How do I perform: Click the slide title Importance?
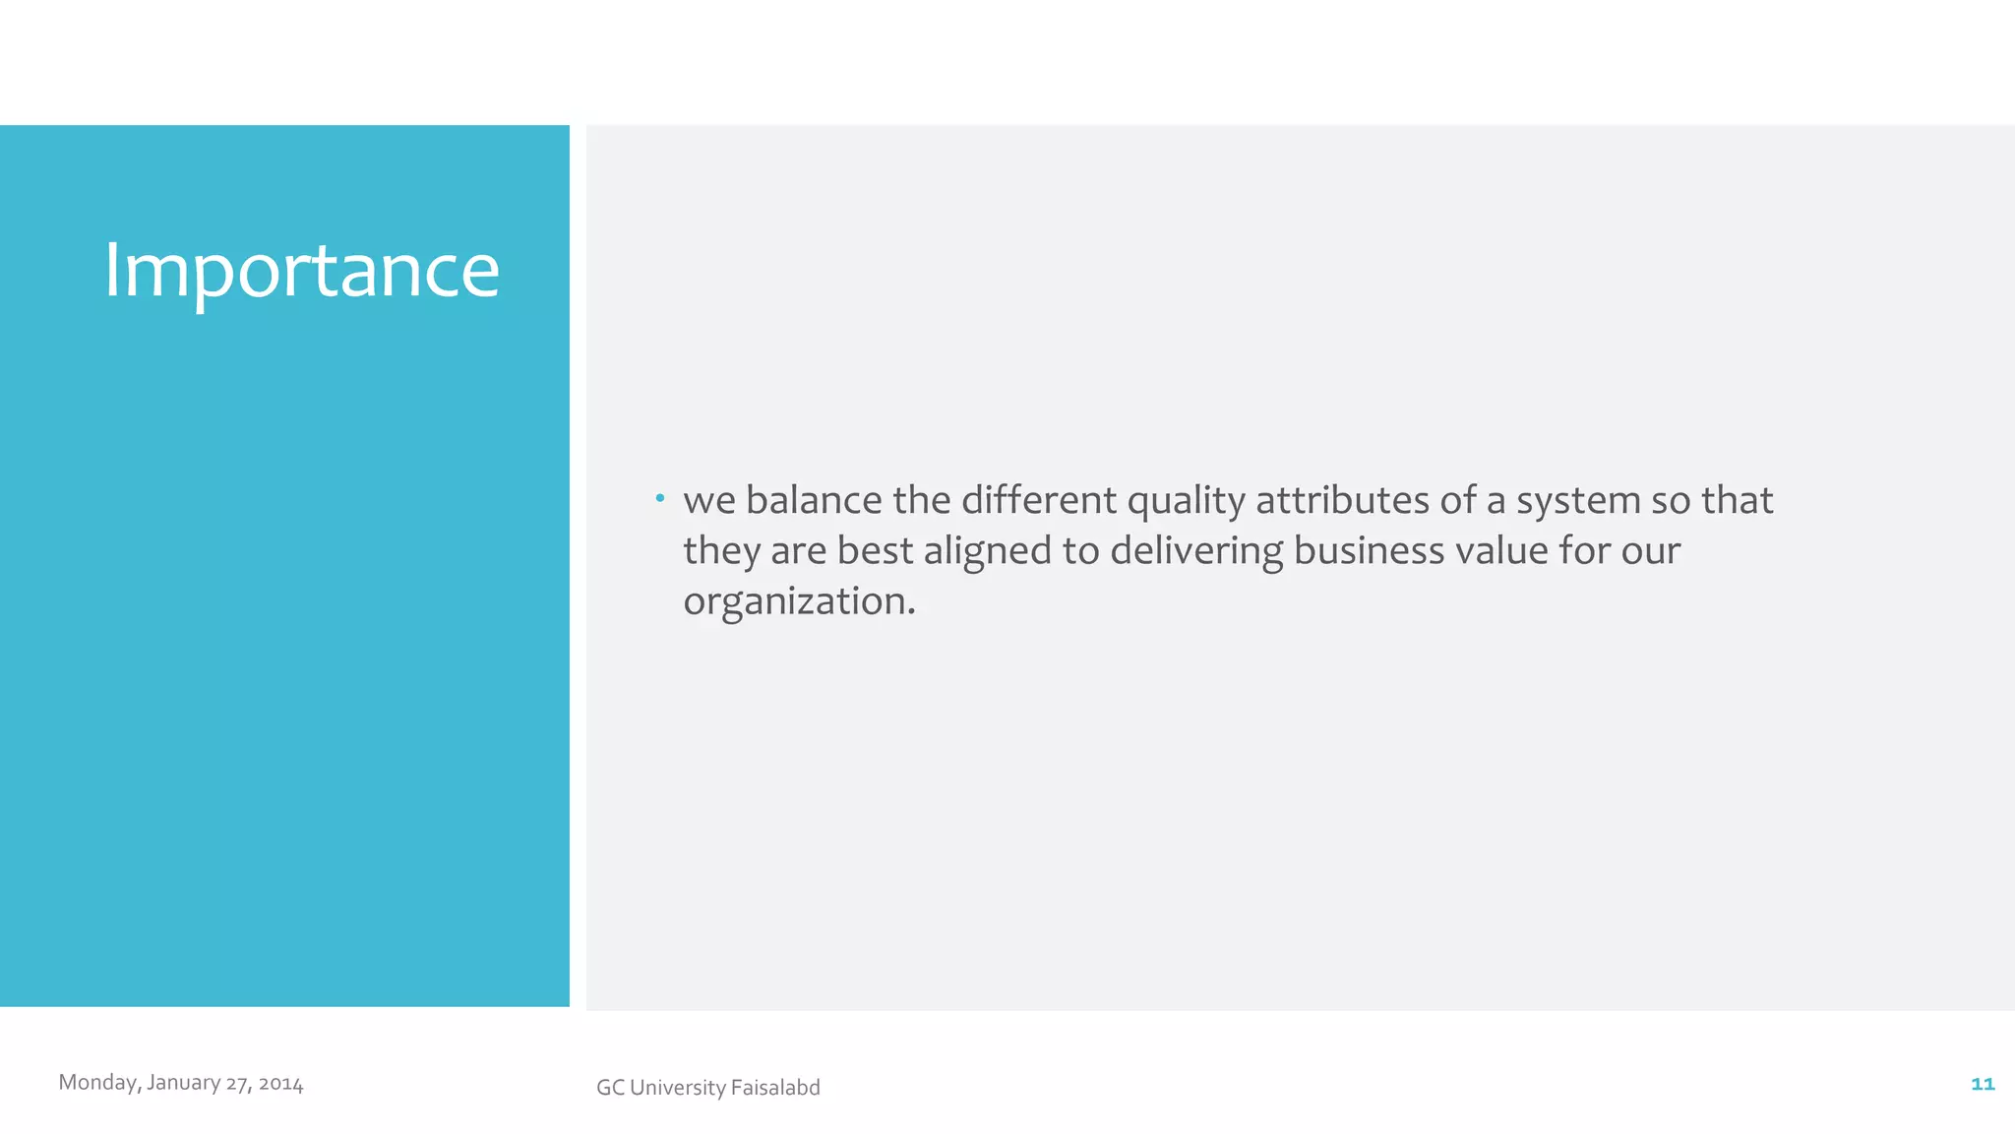(x=301, y=270)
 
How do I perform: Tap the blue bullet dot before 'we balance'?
(x=660, y=498)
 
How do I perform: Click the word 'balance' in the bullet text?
(x=814, y=500)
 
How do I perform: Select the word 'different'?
(x=1038, y=500)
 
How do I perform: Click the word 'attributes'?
(x=1342, y=500)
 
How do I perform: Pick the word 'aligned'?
(x=987, y=551)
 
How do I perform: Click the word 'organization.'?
(x=799, y=601)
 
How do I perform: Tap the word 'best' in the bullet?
(x=875, y=550)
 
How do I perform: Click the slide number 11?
(x=1983, y=1084)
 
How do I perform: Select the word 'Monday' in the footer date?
(x=98, y=1083)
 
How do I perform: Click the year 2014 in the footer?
(x=281, y=1084)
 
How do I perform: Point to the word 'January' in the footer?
(x=184, y=1083)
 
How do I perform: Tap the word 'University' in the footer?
(x=678, y=1088)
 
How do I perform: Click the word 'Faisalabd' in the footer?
(x=775, y=1088)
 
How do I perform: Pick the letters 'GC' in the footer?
(x=610, y=1088)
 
